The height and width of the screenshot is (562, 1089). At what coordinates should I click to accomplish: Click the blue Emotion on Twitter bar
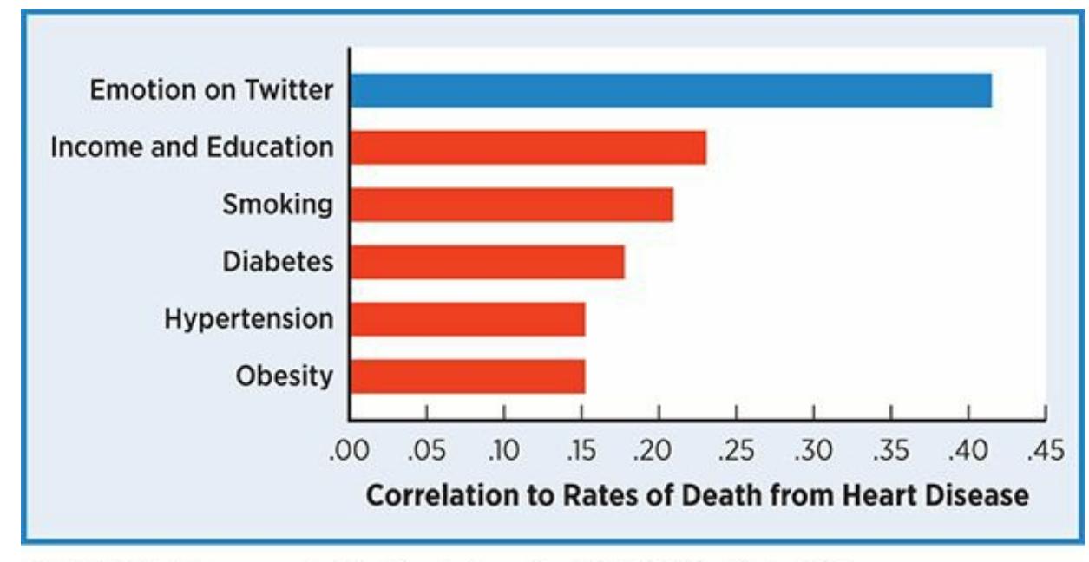(670, 90)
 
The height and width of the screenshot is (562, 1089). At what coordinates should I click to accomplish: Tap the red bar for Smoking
(511, 205)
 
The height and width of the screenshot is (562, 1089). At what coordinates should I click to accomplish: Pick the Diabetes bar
(487, 262)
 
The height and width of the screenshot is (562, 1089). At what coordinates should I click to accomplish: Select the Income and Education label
(192, 147)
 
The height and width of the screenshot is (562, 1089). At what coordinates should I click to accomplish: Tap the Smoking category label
(278, 205)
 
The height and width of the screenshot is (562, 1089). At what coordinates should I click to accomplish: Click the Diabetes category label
(278, 262)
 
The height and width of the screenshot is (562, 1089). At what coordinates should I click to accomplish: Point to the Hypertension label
(249, 319)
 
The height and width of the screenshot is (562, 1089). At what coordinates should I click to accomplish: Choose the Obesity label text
(284, 376)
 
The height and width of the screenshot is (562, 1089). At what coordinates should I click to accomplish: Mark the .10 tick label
(502, 451)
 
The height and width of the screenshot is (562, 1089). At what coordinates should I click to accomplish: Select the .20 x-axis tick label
(657, 451)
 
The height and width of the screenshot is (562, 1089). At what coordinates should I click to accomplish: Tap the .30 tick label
(812, 451)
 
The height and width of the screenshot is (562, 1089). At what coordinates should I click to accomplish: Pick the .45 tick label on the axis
(1045, 451)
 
